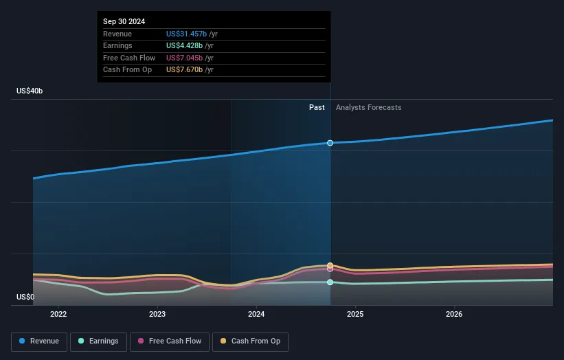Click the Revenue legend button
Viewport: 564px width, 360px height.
(39, 341)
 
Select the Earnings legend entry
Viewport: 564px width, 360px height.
(98, 341)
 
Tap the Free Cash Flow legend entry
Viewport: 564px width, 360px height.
(170, 341)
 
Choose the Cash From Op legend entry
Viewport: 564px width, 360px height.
(250, 341)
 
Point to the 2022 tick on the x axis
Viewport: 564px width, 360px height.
(58, 315)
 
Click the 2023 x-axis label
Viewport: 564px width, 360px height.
(157, 315)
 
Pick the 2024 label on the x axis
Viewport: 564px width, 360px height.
(256, 315)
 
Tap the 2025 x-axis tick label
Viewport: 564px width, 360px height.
(355, 315)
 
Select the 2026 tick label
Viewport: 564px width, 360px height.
(454, 315)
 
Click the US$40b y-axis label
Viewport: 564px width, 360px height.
(30, 91)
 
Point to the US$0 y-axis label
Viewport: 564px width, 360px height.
(25, 297)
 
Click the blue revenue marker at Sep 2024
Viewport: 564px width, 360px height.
(330, 143)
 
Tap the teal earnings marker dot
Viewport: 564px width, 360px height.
(330, 282)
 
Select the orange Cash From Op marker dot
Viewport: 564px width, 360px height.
(330, 265)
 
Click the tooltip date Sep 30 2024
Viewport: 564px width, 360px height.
(124, 21)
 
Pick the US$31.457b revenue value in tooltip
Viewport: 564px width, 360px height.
(186, 34)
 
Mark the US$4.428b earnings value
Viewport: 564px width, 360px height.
(184, 45)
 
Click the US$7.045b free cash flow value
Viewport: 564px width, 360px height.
(184, 58)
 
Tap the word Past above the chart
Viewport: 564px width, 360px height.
(317, 107)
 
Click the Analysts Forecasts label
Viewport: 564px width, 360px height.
(369, 107)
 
